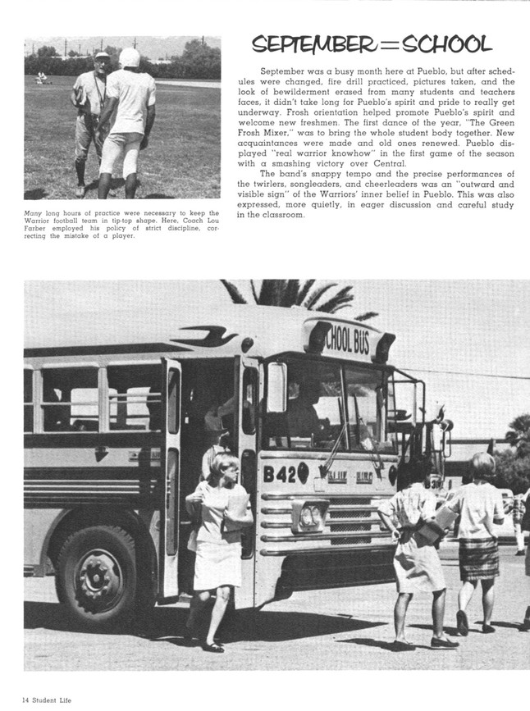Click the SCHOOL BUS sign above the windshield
point(350,340)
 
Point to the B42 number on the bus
point(280,473)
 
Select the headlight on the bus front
point(310,517)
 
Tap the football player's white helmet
point(129,57)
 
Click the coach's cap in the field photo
point(101,55)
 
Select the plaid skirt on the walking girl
point(477,558)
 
